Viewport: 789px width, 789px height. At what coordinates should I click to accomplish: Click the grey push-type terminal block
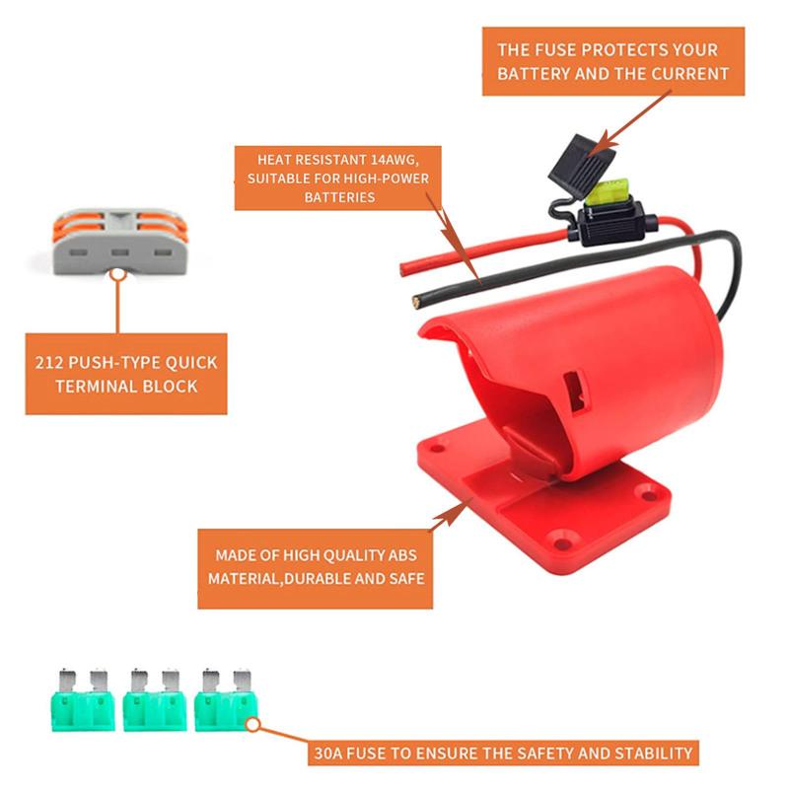[117, 239]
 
